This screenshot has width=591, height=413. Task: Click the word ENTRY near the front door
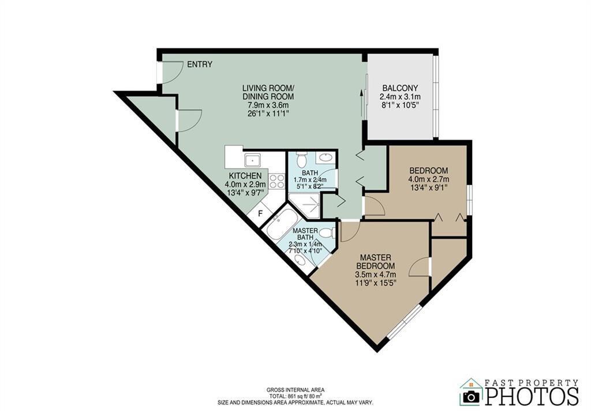point(200,65)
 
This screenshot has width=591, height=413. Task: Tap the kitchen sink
point(253,160)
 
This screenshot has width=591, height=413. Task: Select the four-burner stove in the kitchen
point(277,181)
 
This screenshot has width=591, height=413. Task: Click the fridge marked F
point(260,214)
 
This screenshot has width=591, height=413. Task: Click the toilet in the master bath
point(326,233)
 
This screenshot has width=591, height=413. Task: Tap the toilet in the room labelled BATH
point(301,160)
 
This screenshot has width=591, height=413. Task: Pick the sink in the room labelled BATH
point(326,157)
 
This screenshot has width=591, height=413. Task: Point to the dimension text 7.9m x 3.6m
point(268,105)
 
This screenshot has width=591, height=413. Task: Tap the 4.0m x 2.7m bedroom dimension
point(429,179)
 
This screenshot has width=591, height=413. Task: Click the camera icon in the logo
point(472,397)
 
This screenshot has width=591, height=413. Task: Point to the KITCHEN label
point(245,175)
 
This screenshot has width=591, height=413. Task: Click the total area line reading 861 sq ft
point(295,396)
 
